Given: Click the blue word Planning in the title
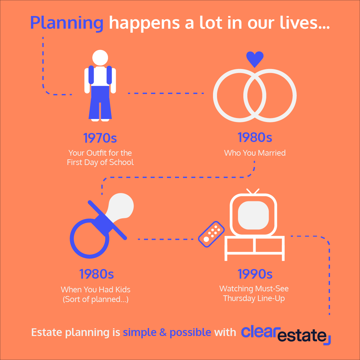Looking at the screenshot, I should pyautogui.click(x=67, y=22).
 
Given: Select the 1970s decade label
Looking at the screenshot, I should pyautogui.click(x=100, y=138).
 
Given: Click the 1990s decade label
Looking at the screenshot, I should pyautogui.click(x=255, y=274).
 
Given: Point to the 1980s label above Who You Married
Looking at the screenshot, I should pyautogui.click(x=255, y=137).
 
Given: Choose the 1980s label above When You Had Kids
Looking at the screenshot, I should pyautogui.click(x=96, y=274).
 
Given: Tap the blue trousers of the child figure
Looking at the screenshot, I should pyautogui.click(x=100, y=102).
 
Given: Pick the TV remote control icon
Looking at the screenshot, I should pyautogui.click(x=211, y=234).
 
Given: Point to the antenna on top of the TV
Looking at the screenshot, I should pyautogui.click(x=253, y=191).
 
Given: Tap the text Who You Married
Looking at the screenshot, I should pyautogui.click(x=255, y=153).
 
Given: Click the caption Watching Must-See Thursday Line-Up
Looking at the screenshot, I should pyautogui.click(x=254, y=293).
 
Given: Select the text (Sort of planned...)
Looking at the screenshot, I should pyautogui.click(x=96, y=299).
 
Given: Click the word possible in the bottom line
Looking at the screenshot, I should pyautogui.click(x=190, y=332).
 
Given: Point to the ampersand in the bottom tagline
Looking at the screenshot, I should pyautogui.click(x=162, y=332).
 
